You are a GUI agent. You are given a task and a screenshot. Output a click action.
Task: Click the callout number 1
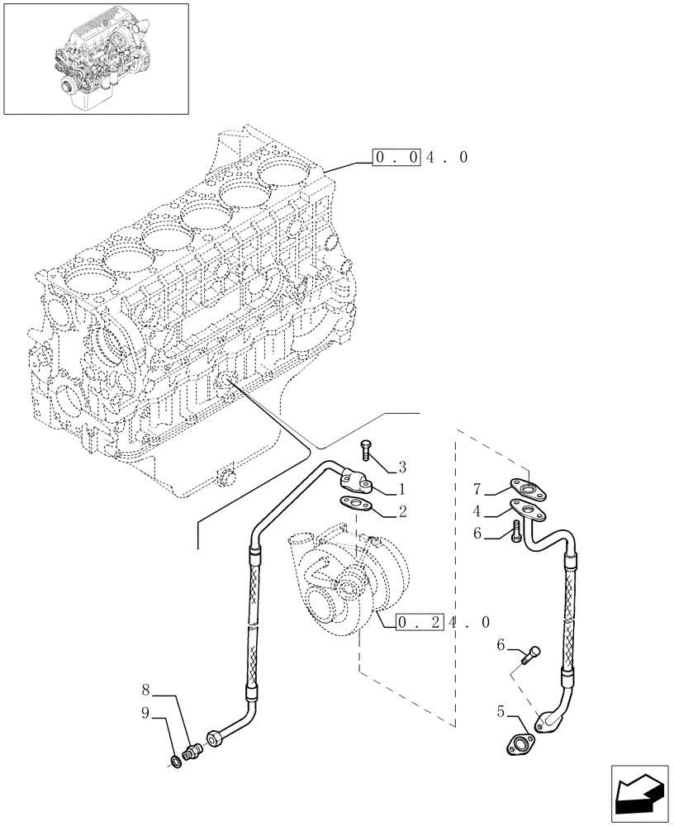pos(402,489)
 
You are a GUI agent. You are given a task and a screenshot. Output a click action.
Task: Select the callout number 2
pos(402,512)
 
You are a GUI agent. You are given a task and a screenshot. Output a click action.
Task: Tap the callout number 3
pos(402,466)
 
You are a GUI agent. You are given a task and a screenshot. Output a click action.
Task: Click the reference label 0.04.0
pos(420,157)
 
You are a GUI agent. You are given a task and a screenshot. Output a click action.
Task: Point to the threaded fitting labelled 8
pos(195,749)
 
